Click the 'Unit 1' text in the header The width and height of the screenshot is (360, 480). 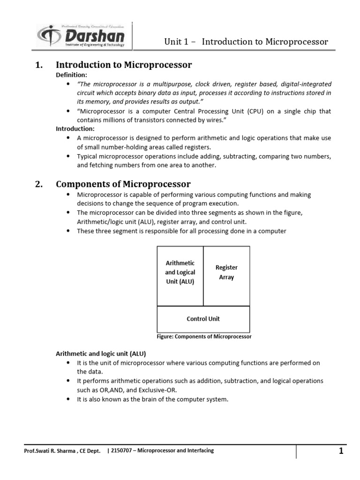pos(176,42)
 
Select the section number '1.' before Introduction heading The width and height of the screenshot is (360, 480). pos(39,65)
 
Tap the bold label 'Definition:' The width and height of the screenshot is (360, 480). pos(72,75)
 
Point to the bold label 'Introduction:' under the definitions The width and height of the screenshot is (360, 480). pos(75,128)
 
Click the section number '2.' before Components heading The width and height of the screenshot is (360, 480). pos(39,184)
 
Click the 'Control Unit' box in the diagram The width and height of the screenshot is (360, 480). pos(203,319)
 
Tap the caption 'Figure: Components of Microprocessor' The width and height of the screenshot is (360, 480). pos(203,337)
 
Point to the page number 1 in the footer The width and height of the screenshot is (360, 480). pos(341,451)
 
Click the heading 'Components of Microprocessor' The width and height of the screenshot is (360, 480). pos(123,184)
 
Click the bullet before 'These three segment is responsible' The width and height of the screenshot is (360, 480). pos(68,231)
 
